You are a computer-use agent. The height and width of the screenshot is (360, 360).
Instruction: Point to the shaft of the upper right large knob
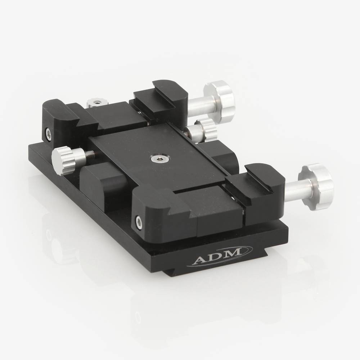click(200, 105)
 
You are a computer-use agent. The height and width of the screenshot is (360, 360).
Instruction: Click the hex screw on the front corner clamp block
click(138, 220)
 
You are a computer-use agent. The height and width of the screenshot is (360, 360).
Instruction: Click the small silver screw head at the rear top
click(95, 103)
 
